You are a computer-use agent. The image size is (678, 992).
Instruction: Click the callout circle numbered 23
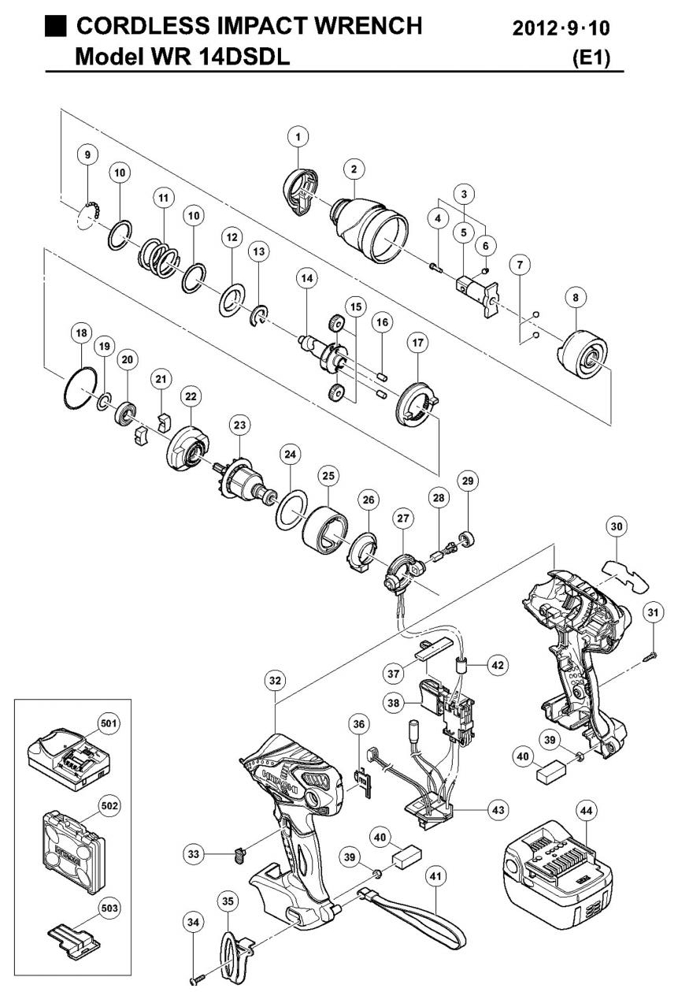tap(239, 425)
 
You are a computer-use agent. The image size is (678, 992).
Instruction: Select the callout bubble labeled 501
tap(106, 723)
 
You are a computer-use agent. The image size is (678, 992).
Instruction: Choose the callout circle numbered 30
tap(617, 526)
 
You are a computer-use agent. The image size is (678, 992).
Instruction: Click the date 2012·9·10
tap(561, 29)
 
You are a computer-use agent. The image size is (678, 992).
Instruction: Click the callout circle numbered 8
tap(576, 298)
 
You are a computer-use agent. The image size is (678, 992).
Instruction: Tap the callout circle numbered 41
tap(435, 875)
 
